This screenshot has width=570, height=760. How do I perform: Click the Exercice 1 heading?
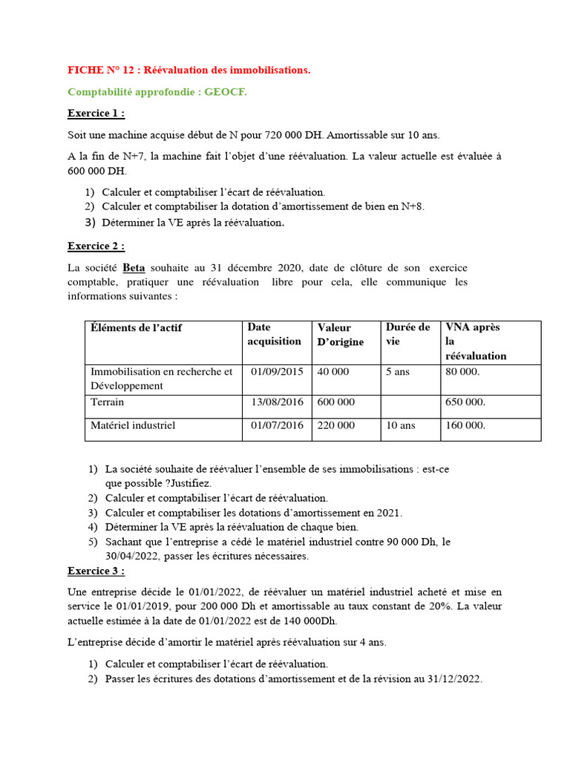(96, 114)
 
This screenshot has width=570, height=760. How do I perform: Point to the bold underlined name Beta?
(134, 268)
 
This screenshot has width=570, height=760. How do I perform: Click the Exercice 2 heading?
(96, 246)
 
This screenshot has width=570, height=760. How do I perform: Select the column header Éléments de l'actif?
(136, 328)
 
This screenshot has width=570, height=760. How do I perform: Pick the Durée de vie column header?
(407, 334)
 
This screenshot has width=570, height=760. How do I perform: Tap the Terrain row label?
(108, 402)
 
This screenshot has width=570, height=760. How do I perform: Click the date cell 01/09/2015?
(277, 372)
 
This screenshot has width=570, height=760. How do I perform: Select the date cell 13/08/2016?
(277, 402)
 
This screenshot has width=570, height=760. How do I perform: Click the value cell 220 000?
(336, 426)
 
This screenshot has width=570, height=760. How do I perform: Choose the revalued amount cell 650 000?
(465, 402)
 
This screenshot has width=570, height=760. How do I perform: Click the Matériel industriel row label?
(133, 426)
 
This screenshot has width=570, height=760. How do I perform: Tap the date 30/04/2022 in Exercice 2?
(131, 556)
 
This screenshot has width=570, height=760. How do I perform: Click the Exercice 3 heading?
(96, 571)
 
